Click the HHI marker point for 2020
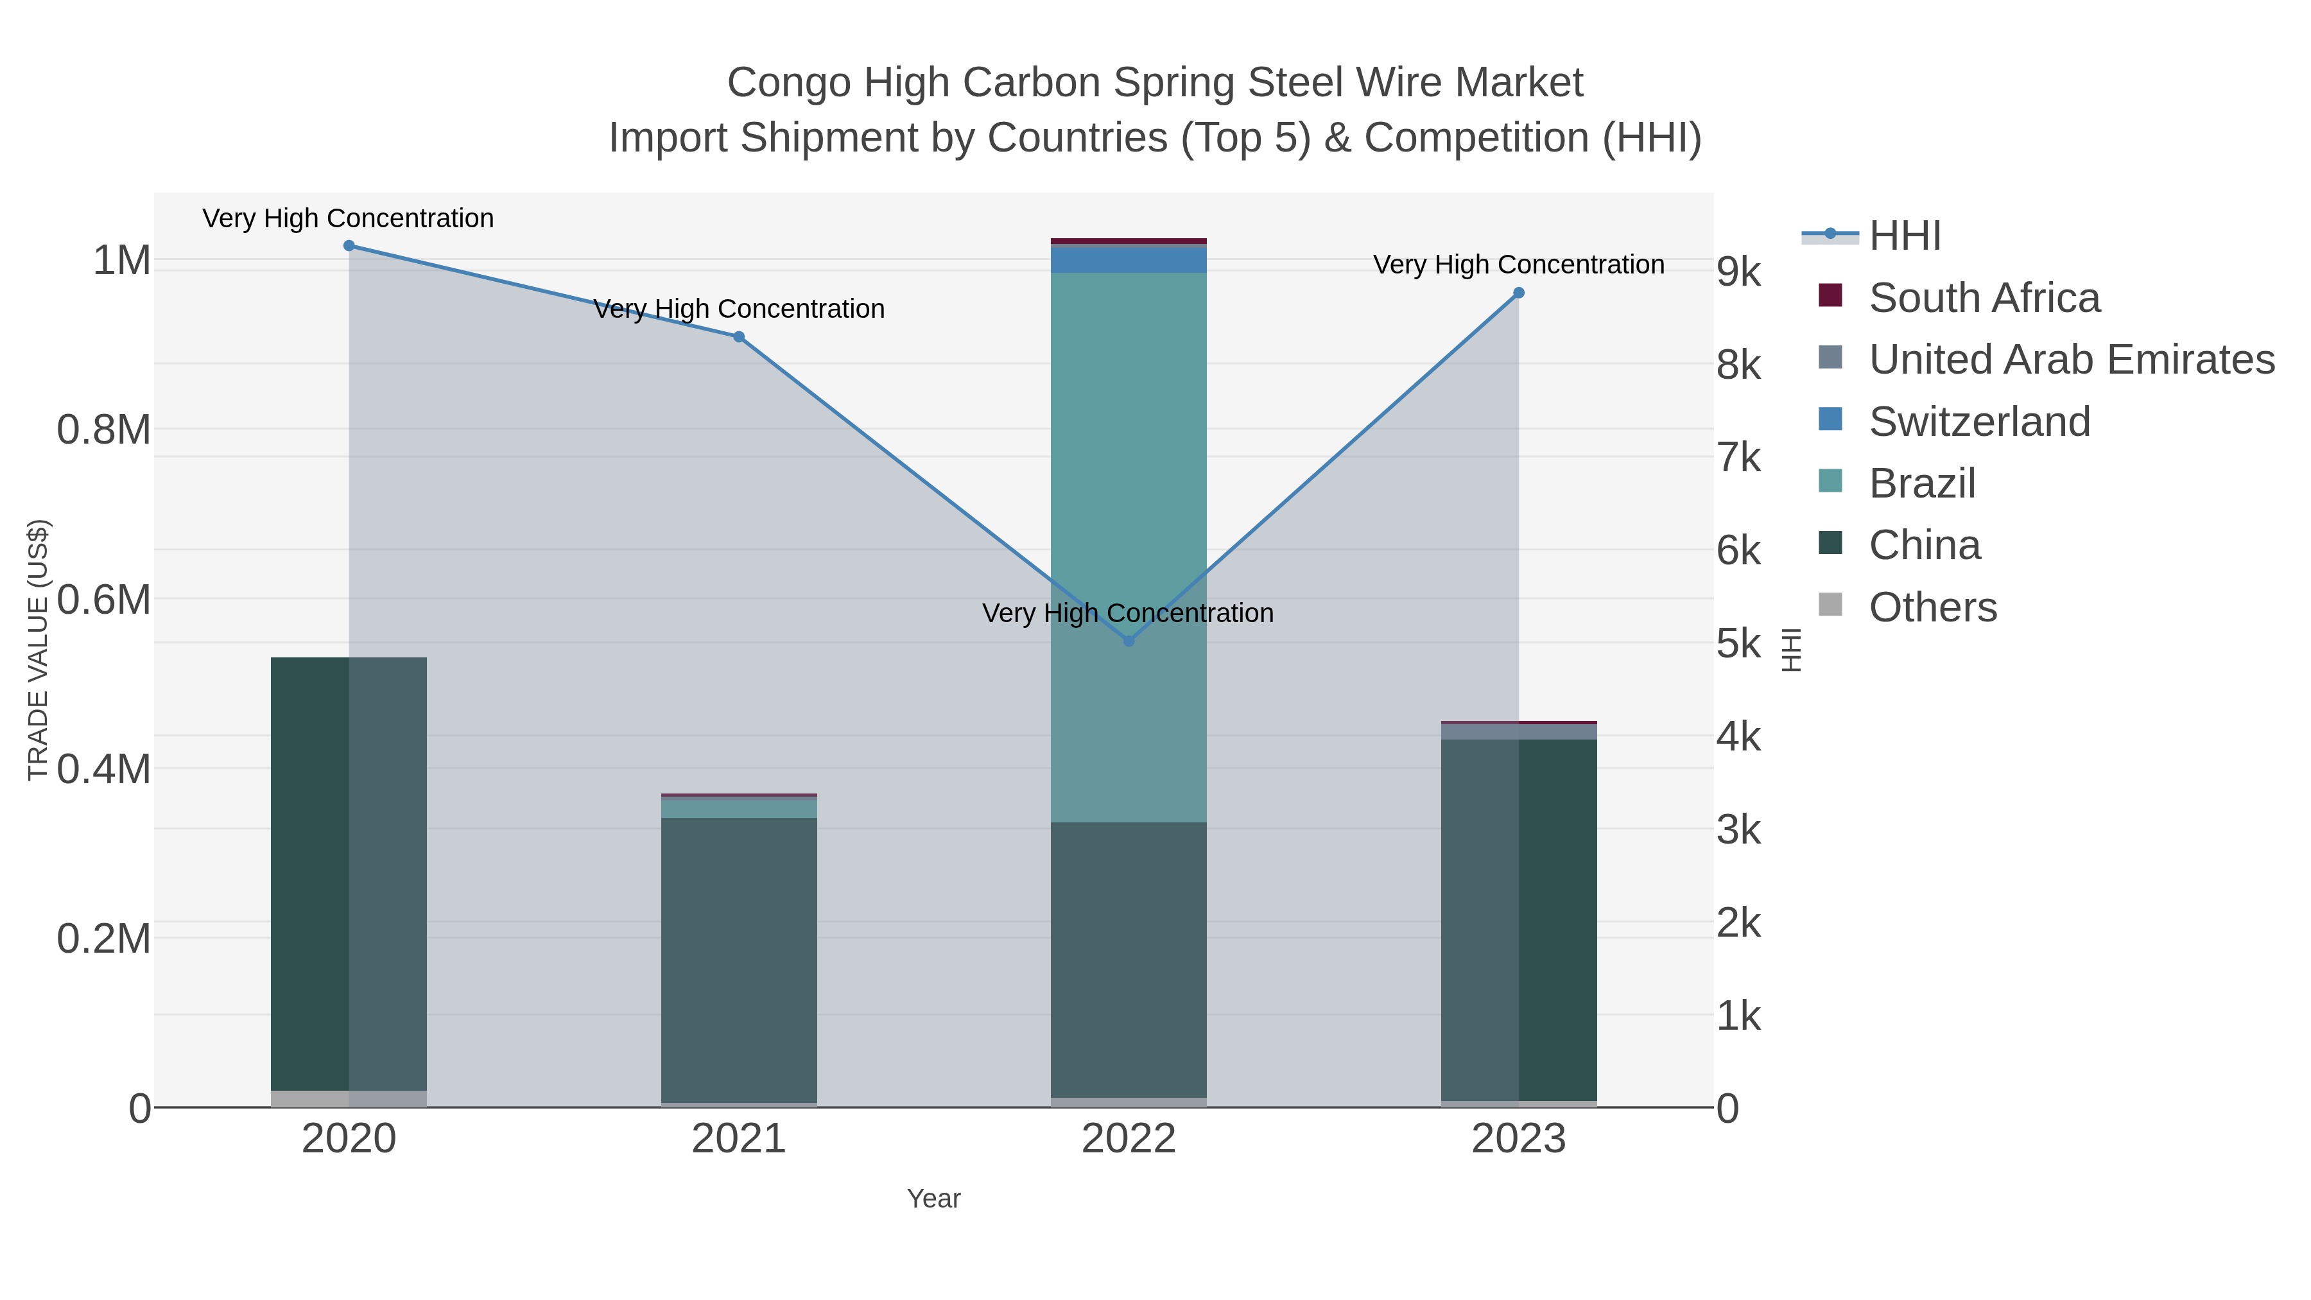(x=349, y=246)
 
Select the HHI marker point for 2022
(x=1129, y=641)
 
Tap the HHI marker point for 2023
(x=1519, y=293)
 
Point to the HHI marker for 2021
(x=738, y=337)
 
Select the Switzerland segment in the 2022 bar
(x=1129, y=259)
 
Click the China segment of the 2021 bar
(x=738, y=960)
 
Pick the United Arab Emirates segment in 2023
(x=1519, y=732)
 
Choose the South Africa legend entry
(x=1984, y=298)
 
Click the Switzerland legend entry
(x=1978, y=422)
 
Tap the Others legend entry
(x=1932, y=607)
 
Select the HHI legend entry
(x=1904, y=236)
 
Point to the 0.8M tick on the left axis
(x=104, y=429)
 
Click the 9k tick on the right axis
(x=1738, y=272)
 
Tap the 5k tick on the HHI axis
(x=1738, y=643)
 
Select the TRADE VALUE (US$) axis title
(x=38, y=650)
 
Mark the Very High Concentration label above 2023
(x=1519, y=264)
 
